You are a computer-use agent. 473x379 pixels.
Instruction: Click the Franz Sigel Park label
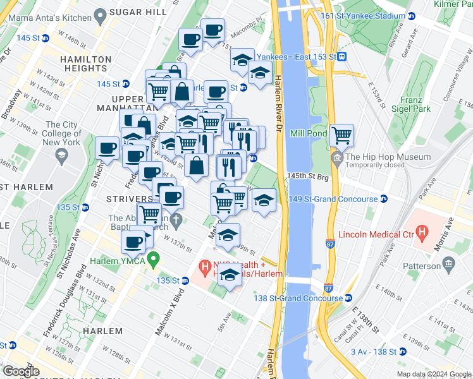pyautogui.click(x=415, y=104)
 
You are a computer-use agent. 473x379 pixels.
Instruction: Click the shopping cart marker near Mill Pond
pyautogui.click(x=341, y=135)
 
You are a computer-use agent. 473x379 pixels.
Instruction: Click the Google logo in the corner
pyautogui.click(x=21, y=371)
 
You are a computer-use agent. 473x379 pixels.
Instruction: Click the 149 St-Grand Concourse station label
pyautogui.click(x=342, y=199)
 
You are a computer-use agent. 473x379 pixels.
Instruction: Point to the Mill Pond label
pyautogui.click(x=309, y=134)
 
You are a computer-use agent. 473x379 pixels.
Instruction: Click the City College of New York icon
pyautogui.click(x=61, y=155)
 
